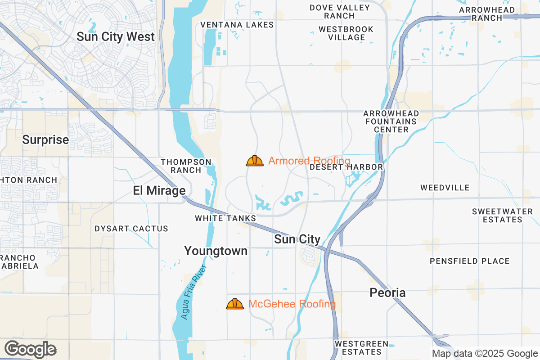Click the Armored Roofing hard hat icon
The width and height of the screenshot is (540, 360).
[255, 161]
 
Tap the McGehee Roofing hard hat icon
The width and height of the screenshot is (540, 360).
[234, 304]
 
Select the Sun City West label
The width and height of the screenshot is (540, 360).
[116, 37]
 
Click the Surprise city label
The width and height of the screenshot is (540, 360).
[45, 140]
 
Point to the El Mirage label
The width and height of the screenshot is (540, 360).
[159, 191]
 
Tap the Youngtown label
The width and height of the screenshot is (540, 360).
[216, 251]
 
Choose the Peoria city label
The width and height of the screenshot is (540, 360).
[387, 293]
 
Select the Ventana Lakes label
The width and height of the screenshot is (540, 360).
[237, 25]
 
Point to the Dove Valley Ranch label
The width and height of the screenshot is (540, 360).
[340, 12]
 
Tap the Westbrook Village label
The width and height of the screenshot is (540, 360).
[346, 33]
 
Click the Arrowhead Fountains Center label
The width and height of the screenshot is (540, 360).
[391, 121]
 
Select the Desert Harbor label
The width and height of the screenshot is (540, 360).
[346, 167]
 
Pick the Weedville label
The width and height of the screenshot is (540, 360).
[445, 188]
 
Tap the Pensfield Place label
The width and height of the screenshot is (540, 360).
[470, 261]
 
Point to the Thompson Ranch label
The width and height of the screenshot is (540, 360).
[186, 166]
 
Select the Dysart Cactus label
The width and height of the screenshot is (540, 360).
[131, 229]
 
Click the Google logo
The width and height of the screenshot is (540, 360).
[31, 349]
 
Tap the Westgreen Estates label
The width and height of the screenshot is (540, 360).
[361, 348]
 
